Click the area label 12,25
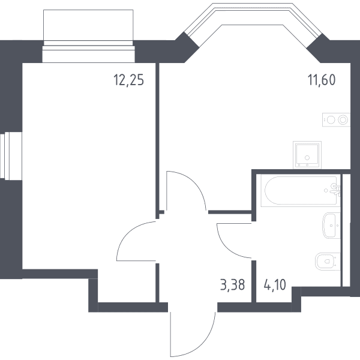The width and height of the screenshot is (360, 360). point(129,80)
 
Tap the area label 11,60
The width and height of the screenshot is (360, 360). point(322,80)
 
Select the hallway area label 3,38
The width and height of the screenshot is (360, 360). point(233,285)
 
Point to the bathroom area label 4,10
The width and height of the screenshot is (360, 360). point(275,285)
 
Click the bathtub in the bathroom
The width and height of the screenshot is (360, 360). point(301,190)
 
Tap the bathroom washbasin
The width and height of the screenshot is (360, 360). point(331,226)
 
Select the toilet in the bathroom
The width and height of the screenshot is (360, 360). point(328,261)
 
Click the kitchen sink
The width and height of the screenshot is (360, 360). point(307,155)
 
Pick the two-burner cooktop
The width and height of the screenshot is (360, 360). point(336,119)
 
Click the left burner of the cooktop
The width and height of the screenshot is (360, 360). point(331,119)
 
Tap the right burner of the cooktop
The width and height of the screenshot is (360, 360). point(343,119)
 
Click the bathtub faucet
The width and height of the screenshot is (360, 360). point(335,190)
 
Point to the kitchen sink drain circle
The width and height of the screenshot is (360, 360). point(307,158)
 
